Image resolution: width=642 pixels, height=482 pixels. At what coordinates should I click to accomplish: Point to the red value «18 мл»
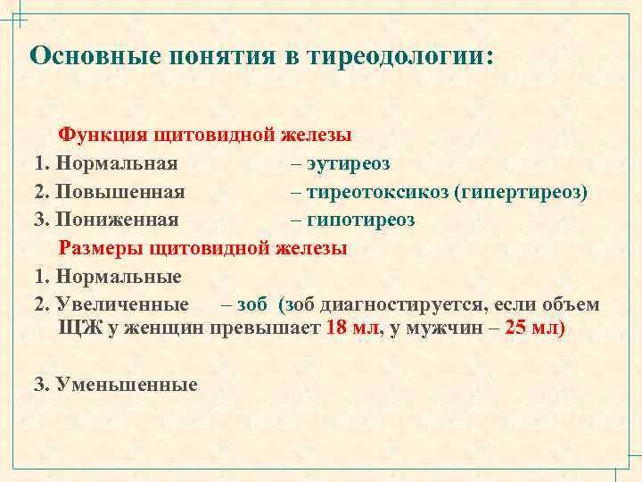pyautogui.click(x=352, y=328)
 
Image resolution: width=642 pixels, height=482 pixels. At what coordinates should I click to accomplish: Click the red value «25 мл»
pyautogui.click(x=531, y=328)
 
